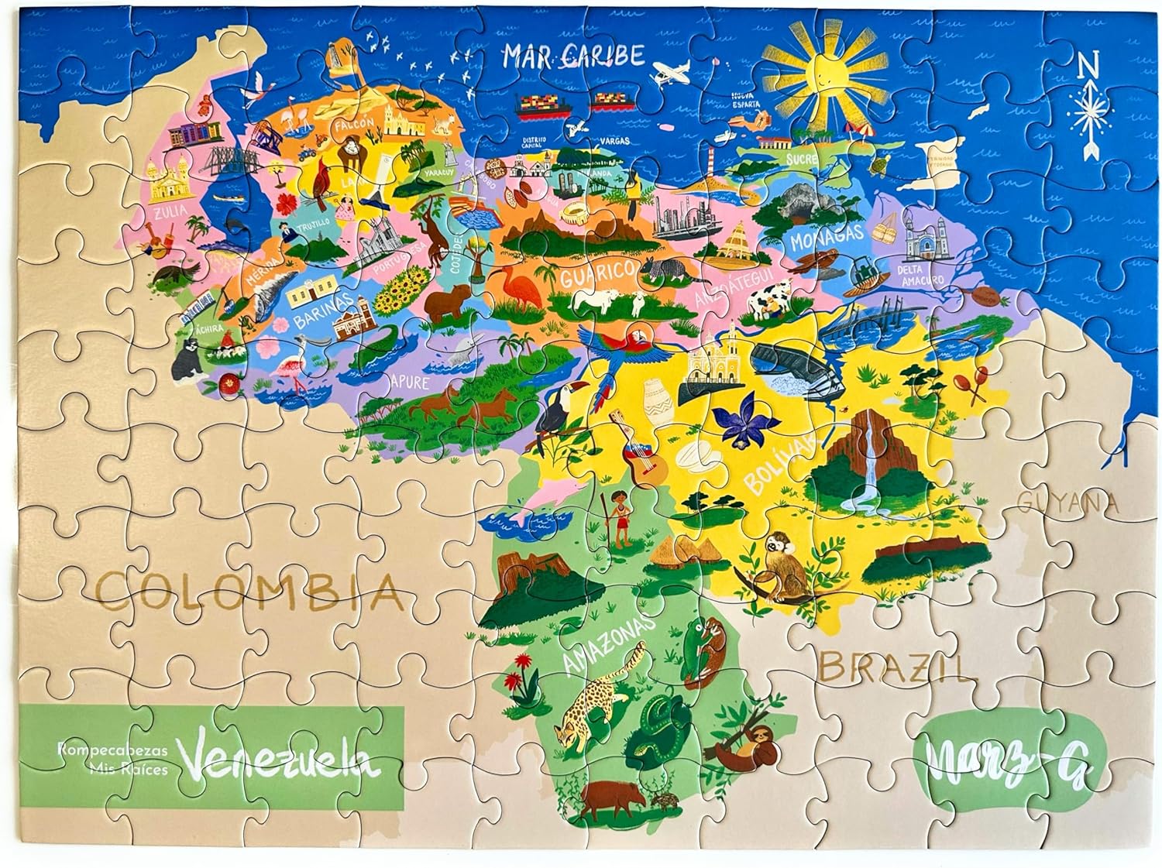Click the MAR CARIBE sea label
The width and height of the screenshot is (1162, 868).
click(x=574, y=55)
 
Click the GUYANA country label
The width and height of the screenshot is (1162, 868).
click(x=1069, y=503)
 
